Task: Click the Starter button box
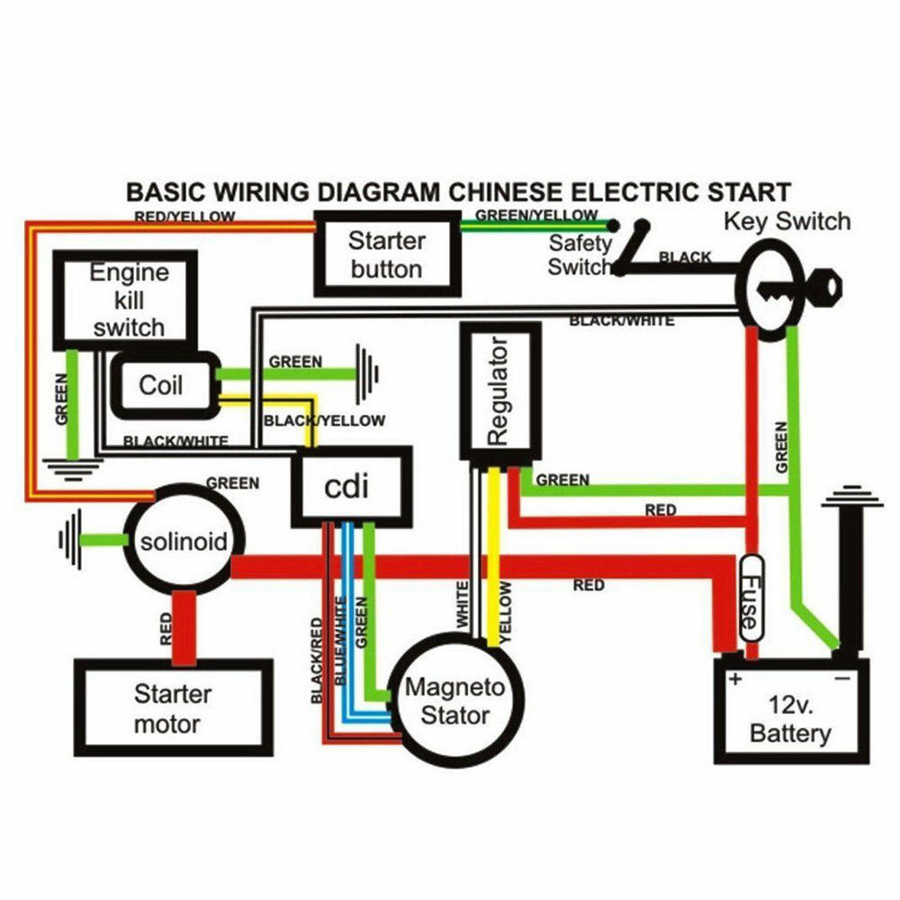[386, 255]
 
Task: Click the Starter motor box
[173, 708]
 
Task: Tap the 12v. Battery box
[791, 718]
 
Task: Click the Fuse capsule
[751, 598]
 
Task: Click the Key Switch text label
[787, 221]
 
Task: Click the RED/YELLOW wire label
[184, 217]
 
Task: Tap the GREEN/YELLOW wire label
[536, 215]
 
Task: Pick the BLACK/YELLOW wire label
[324, 420]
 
